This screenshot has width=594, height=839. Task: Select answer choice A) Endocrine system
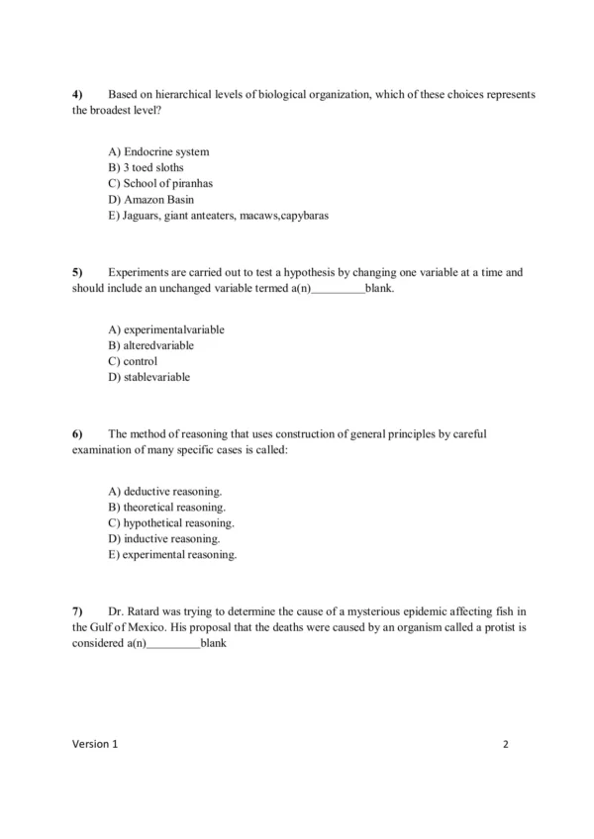158,152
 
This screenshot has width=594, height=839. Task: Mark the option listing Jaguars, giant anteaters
218,216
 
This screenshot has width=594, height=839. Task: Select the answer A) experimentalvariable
165,329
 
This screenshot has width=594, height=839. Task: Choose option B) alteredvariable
150,345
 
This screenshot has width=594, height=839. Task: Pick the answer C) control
133,361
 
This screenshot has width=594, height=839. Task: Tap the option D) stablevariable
148,377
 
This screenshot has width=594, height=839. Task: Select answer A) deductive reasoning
164,491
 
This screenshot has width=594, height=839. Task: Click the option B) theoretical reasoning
166,507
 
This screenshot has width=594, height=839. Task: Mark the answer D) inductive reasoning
163,538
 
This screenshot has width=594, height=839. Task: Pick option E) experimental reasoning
172,554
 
